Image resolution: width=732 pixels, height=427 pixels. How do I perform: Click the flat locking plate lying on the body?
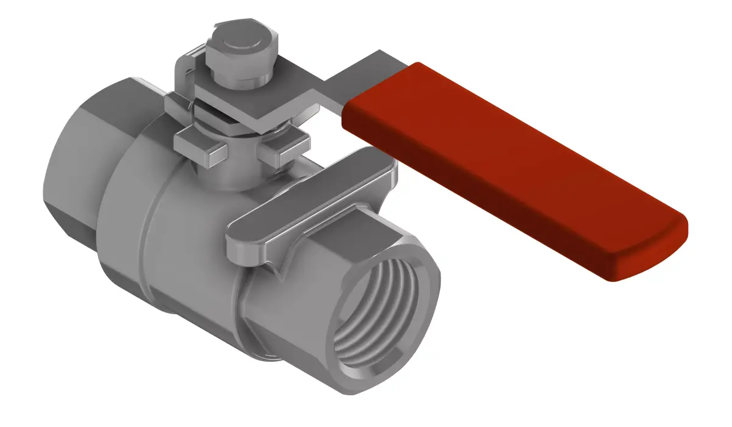point(317,195)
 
